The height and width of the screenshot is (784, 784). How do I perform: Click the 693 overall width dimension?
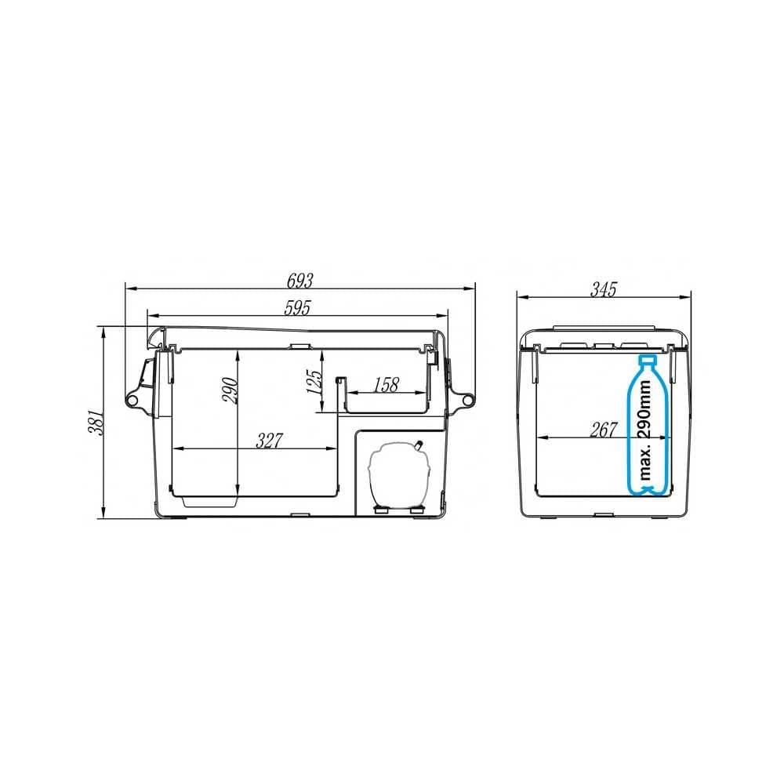tap(301, 279)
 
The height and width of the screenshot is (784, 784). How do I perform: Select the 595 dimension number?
tap(297, 309)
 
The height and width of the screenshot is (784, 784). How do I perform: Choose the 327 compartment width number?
tap(269, 441)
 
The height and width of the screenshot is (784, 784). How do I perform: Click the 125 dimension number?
tap(313, 382)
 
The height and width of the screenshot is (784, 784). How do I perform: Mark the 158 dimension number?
tap(387, 384)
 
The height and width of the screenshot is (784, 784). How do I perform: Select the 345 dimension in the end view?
tap(603, 289)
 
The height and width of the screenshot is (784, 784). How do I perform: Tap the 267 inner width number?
tap(604, 429)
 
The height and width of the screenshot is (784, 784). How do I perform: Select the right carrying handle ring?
tap(469, 400)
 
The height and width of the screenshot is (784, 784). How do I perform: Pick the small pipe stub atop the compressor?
tap(419, 445)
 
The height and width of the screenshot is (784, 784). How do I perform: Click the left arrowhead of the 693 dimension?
tap(129, 288)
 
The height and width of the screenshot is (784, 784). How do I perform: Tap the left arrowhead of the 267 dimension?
tap(538, 436)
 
